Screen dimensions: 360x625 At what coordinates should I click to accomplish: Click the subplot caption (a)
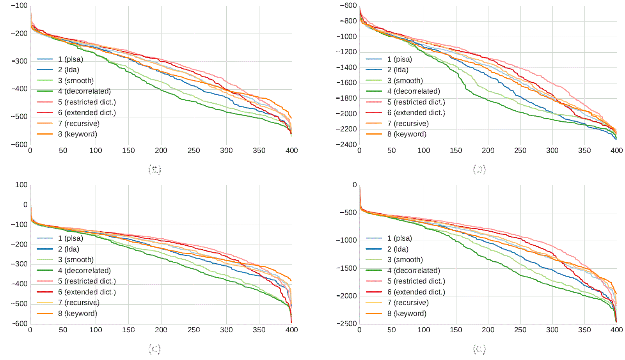154,169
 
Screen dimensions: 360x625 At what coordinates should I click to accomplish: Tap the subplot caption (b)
479,169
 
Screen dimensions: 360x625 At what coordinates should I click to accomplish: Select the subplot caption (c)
154,348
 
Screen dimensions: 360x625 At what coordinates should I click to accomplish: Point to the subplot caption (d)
479,348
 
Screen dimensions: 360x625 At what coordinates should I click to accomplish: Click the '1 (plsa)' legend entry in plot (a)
70,59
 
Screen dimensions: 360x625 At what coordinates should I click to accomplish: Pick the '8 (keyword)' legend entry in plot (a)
77,134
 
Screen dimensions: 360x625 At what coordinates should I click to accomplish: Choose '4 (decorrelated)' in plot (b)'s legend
414,91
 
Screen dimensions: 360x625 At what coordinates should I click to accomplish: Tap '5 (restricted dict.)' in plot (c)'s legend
87,281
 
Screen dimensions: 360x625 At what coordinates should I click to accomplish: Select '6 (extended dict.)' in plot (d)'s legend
416,292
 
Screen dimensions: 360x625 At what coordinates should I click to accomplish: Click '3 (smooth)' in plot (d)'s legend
405,260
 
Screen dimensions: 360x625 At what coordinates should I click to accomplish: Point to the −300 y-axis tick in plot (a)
19,61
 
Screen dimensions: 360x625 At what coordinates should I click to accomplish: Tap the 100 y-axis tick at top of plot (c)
21,185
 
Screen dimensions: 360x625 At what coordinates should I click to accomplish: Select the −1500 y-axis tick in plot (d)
346,268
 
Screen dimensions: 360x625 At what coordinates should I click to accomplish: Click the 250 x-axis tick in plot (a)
194,151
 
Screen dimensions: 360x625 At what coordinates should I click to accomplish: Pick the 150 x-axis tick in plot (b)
456,151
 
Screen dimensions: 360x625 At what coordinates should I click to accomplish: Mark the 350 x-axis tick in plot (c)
259,330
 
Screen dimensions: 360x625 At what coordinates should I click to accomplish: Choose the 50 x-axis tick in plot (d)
391,330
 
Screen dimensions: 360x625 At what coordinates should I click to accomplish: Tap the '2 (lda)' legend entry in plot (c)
68,249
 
